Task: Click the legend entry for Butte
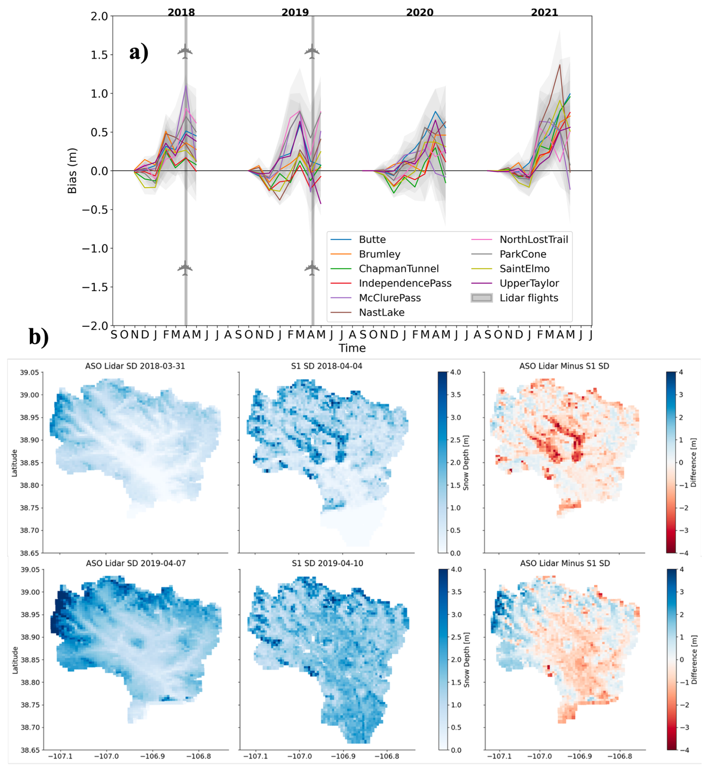pos(372,239)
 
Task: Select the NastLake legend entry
pos(381,312)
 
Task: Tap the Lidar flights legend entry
pos(528,298)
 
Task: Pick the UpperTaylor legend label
pos(529,283)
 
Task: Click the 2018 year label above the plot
pos(181,12)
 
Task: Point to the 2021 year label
pos(544,12)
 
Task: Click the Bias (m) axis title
pos(72,171)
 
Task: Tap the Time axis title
pos(352,348)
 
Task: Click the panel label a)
pos(139,52)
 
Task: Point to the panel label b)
pos(39,337)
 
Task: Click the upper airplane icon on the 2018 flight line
pos(185,51)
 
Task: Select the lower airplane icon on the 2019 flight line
pos(312,268)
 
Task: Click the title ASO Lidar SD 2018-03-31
pos(135,366)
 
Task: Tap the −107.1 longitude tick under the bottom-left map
pos(60,756)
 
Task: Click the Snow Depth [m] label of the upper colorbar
pos(466,463)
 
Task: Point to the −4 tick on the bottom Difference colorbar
pos(681,750)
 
